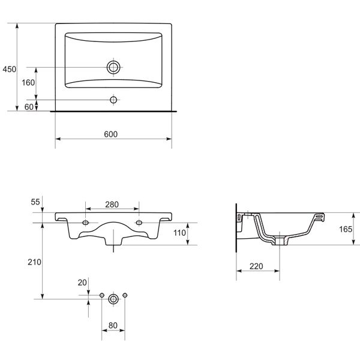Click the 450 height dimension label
pyautogui.click(x=9, y=70)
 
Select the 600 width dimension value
pyautogui.click(x=110, y=134)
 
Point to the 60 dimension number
pyautogui.click(x=28, y=106)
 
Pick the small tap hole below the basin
pyautogui.click(x=113, y=98)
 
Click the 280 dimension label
pyautogui.click(x=112, y=205)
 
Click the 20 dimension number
pyautogui.click(x=82, y=282)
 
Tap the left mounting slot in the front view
pyautogui.click(x=86, y=223)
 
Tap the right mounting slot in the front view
pyautogui.click(x=140, y=223)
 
